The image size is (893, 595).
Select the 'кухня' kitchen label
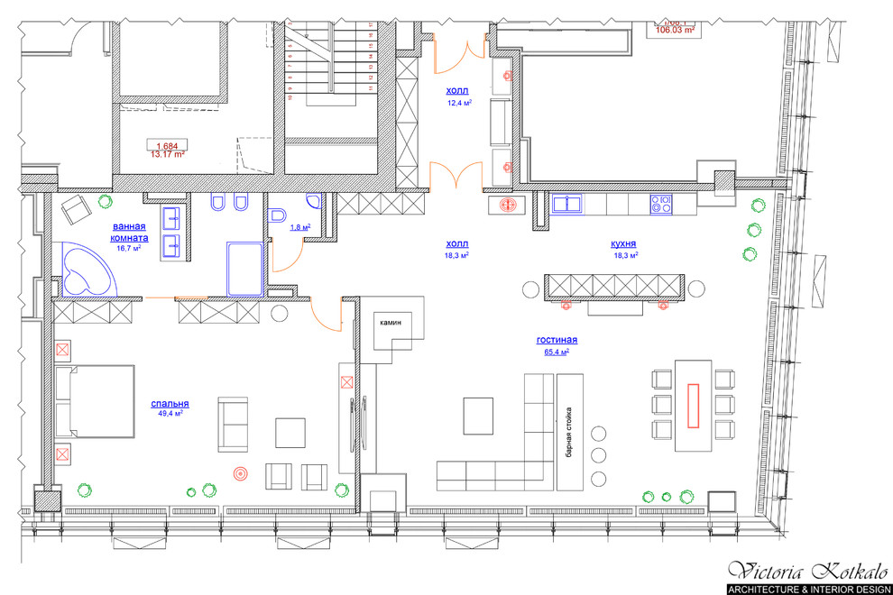point(623,243)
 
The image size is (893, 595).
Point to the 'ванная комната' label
point(130,232)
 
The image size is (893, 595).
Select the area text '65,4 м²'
point(557,352)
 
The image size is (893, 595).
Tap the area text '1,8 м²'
point(300,227)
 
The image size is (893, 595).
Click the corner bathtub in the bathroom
point(86,271)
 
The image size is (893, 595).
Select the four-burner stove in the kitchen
point(661,205)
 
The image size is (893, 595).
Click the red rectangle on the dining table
point(694,403)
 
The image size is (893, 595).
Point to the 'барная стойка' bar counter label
point(569,433)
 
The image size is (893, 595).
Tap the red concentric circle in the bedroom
point(240,471)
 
